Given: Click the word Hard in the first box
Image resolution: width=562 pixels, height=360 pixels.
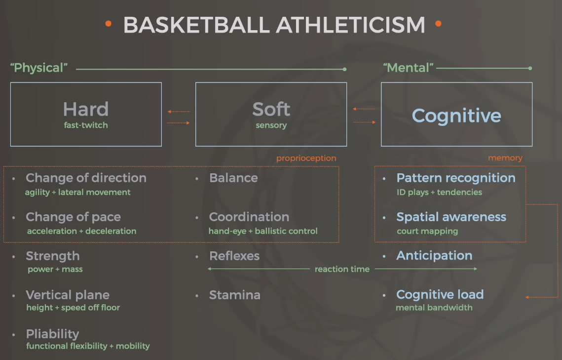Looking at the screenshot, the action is (x=86, y=109).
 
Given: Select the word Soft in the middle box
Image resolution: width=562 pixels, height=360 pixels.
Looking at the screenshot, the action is (x=271, y=109).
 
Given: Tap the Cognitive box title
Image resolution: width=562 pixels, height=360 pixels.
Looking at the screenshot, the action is (x=456, y=116).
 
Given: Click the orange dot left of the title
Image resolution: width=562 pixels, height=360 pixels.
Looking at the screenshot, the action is (x=108, y=24).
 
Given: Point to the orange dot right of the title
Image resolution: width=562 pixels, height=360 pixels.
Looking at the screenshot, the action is (x=438, y=24).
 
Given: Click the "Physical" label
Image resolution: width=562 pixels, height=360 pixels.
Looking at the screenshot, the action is (x=39, y=68).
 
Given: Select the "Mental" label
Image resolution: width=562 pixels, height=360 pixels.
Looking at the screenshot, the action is (x=408, y=68).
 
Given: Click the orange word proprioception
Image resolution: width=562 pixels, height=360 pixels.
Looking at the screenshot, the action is (x=306, y=158).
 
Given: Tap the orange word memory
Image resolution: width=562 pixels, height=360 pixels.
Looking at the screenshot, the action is (x=505, y=158).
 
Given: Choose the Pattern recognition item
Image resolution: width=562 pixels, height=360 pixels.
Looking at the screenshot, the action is (x=456, y=178).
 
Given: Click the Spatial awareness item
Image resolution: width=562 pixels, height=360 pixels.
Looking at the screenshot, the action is (x=451, y=217).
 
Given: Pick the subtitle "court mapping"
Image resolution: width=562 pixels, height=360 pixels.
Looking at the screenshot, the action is (x=427, y=231).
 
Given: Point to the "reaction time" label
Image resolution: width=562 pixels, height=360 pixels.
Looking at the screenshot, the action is (x=342, y=269).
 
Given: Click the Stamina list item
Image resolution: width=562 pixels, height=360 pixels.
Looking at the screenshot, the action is (x=235, y=295).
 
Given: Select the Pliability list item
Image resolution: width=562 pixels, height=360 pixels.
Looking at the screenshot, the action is (x=52, y=334).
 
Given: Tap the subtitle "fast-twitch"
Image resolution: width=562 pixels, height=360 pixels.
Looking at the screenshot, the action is (x=86, y=125).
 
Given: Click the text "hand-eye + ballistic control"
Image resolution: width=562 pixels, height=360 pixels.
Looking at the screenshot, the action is (x=263, y=231).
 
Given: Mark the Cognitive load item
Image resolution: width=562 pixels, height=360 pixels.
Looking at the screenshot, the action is (x=440, y=294).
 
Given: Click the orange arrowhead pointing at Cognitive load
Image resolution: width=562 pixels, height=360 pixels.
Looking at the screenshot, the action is (x=527, y=297).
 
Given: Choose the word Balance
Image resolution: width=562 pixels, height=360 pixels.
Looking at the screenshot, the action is (x=233, y=178).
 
